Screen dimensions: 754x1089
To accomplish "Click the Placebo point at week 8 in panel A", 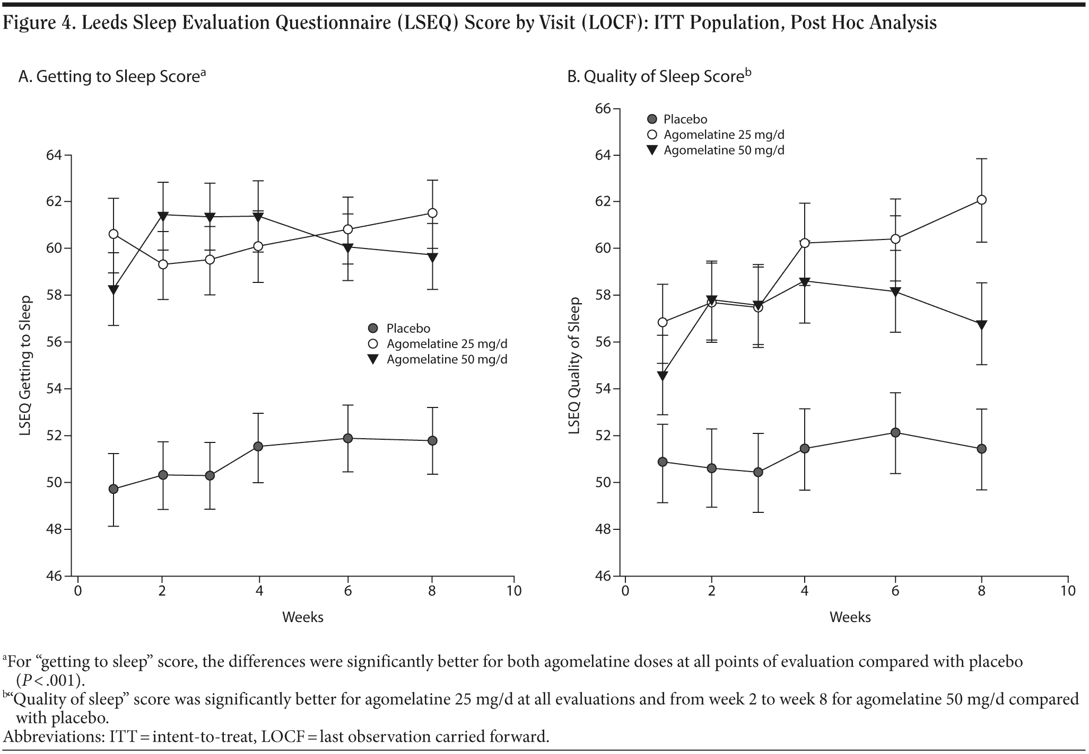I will (432, 440).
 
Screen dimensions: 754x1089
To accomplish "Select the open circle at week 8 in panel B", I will (981, 200).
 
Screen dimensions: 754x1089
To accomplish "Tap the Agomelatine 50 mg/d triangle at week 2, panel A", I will (162, 215).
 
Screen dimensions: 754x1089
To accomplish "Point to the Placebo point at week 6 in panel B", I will (895, 432).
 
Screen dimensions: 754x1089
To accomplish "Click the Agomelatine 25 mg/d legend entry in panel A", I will (447, 344).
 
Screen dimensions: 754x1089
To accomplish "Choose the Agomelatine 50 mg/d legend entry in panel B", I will (724, 150).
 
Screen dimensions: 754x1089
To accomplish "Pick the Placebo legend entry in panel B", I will (685, 120).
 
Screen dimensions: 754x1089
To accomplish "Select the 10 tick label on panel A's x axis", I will (514, 591).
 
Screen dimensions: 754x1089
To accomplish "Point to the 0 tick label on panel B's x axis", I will (625, 591).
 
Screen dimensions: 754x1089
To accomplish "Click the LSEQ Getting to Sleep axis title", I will (25, 366).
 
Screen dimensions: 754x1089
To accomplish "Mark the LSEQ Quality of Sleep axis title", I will (574, 366).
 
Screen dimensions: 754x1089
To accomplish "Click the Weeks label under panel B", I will (850, 617).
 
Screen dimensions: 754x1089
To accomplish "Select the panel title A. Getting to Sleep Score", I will (112, 77).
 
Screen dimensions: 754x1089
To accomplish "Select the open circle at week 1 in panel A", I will (113, 234).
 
